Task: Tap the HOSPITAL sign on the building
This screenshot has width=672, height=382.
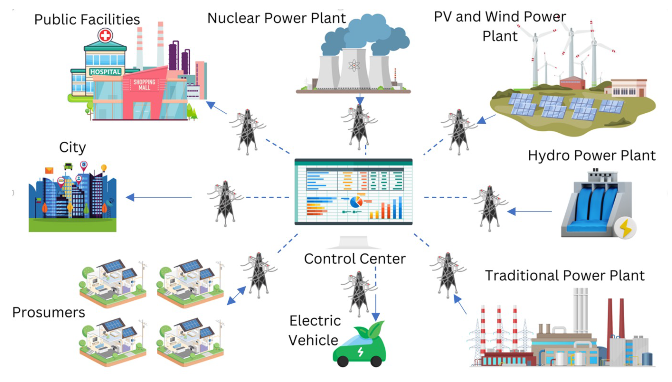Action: (x=105, y=72)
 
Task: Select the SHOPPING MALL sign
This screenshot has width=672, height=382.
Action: (x=144, y=85)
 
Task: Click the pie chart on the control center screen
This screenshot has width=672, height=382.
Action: (x=356, y=202)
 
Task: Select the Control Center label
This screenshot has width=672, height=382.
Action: (x=355, y=259)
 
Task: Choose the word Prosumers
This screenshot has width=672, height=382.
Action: (x=49, y=312)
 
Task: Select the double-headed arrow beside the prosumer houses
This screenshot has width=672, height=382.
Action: (x=236, y=296)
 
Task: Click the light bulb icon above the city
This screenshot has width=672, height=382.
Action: (x=104, y=167)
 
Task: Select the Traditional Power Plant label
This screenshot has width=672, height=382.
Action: (x=565, y=276)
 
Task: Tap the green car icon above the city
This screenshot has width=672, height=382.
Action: (x=68, y=166)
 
